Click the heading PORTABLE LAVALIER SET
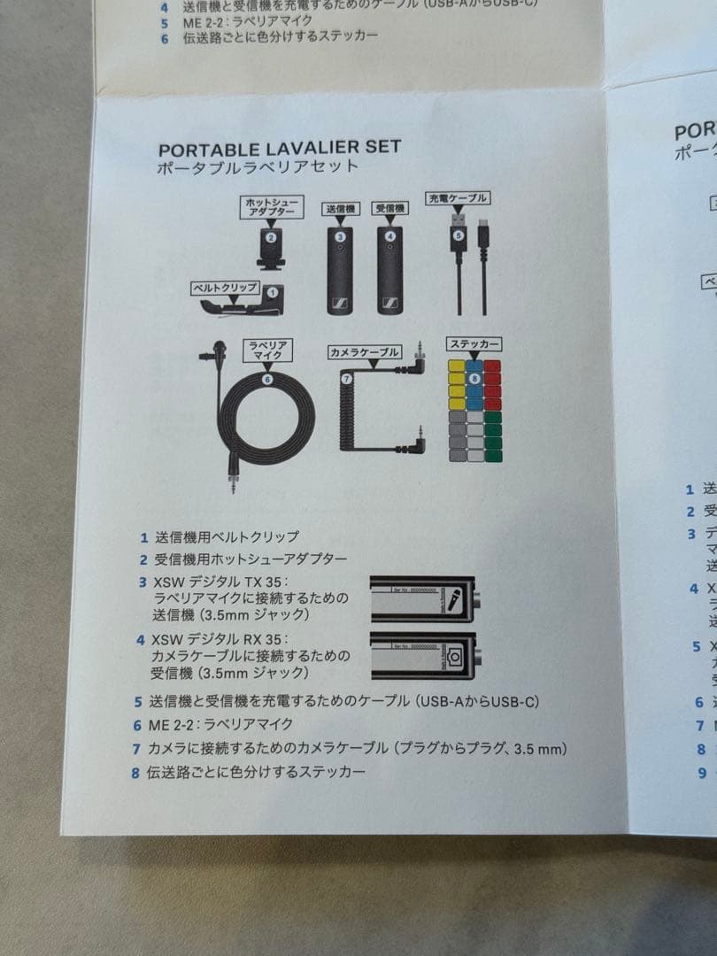[x=279, y=147]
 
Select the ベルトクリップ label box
[x=226, y=289]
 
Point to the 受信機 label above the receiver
[x=389, y=208]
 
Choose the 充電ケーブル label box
[x=457, y=198]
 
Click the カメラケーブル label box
[x=364, y=351]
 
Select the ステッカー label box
[x=474, y=343]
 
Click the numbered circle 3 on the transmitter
[x=340, y=236]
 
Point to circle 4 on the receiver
[x=389, y=236]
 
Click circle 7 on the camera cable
[x=347, y=378]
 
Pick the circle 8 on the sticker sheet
[x=474, y=379]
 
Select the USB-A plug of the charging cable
[x=458, y=219]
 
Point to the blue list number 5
[x=139, y=701]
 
